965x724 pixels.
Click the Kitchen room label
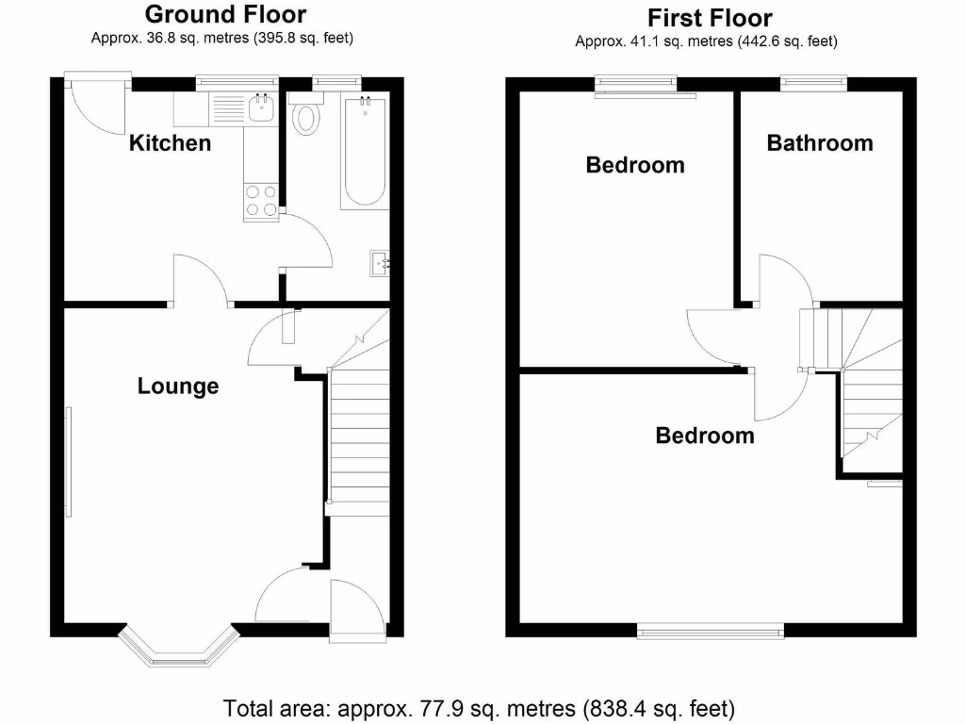(170, 143)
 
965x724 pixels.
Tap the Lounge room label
(178, 386)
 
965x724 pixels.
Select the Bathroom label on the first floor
(819, 143)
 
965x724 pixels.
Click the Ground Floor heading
(225, 14)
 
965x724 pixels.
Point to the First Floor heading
(710, 17)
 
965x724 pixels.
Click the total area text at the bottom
(479, 706)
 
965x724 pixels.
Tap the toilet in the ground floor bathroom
(305, 118)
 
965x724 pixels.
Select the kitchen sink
(260, 109)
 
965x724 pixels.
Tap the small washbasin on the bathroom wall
(382, 262)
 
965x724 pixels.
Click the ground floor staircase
(358, 434)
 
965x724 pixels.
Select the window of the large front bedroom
(711, 631)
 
